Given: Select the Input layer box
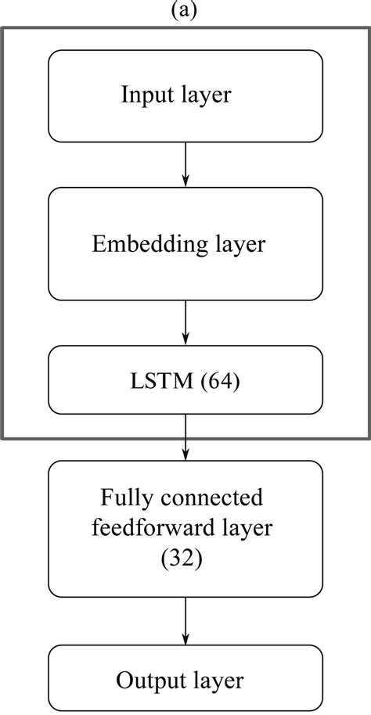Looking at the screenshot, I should [185, 95].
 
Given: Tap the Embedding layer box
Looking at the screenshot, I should [185, 244].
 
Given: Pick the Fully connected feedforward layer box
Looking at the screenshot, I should [185, 529].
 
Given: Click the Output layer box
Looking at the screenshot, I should [185, 679].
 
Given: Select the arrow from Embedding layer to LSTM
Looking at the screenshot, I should [185, 323].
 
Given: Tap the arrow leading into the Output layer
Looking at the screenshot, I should [185, 623].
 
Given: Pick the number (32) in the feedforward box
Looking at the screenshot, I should [185, 559].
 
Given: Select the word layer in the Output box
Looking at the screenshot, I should [222, 680].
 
